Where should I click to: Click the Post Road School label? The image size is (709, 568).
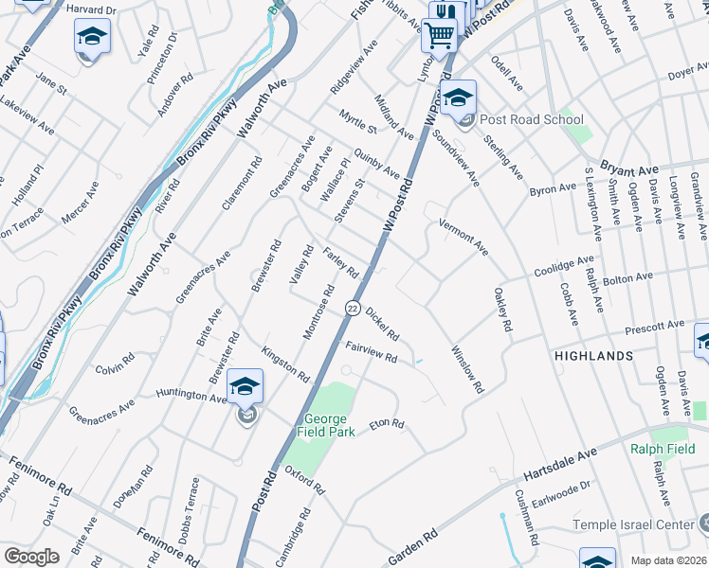(x=531, y=120)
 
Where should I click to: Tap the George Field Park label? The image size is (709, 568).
(x=327, y=425)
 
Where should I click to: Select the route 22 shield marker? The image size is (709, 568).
(x=352, y=309)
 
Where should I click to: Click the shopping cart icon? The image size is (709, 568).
(x=439, y=36)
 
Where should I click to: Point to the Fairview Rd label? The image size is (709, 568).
(x=371, y=351)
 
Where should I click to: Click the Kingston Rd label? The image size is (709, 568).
(x=286, y=364)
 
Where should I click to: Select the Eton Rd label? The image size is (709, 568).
(x=387, y=424)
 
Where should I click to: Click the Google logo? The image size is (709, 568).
(x=31, y=557)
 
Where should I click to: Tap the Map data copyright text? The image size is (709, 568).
(x=669, y=560)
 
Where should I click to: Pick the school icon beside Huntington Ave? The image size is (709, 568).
(x=245, y=386)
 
